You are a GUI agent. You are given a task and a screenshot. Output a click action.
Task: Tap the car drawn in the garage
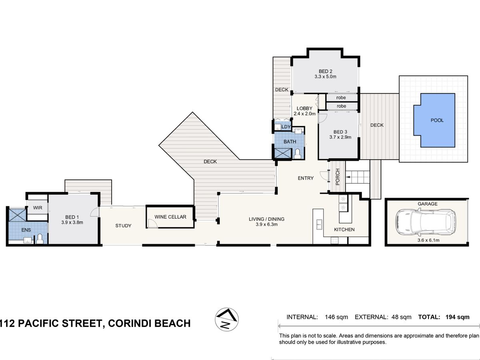(426, 222)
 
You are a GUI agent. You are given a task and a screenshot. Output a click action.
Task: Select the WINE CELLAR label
(170, 217)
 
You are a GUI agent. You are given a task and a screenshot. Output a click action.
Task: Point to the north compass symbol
(227, 319)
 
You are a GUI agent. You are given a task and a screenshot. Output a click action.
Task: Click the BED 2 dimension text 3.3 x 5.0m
(325, 76)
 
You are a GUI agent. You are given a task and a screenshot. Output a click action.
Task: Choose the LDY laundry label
(286, 127)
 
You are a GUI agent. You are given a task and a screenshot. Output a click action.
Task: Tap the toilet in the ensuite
(40, 239)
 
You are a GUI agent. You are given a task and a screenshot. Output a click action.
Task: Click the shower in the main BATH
(283, 153)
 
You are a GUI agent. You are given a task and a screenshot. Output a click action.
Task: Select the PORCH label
(338, 177)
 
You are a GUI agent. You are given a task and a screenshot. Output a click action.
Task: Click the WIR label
(38, 208)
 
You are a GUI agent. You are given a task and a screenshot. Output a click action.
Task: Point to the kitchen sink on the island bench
(319, 224)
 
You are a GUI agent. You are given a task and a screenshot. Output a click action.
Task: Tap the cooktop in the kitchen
(334, 241)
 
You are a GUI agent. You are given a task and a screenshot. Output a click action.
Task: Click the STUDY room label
(123, 226)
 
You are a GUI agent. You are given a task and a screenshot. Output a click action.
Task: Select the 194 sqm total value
(458, 317)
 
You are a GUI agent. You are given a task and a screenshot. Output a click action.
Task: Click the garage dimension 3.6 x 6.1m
(428, 240)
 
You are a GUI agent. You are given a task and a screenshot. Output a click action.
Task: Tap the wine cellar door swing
(153, 223)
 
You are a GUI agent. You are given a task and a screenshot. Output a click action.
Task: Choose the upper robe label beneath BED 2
(341, 98)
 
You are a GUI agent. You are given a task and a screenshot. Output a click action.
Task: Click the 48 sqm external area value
(401, 317)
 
